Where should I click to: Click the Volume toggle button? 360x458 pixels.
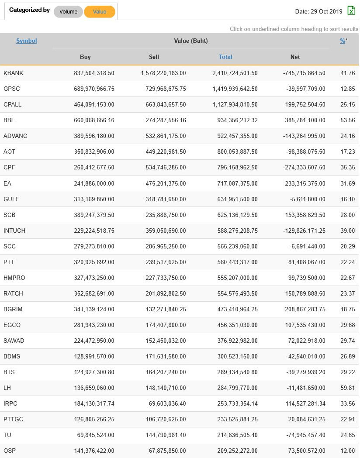pos(68,12)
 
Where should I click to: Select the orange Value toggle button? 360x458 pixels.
pos(100,12)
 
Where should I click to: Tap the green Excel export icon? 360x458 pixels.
pos(351,11)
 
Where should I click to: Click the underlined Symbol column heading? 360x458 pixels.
pos(26,41)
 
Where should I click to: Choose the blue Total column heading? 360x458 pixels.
pos(225,57)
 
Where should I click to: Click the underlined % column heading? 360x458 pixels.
pos(343,41)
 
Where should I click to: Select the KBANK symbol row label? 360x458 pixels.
pos(13,73)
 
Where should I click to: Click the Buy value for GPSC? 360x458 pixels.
pos(94,89)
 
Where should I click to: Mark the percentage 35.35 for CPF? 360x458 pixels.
pos(348,167)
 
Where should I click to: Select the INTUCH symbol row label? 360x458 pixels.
pos(14,231)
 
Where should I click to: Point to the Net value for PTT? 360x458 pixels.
pos(305,262)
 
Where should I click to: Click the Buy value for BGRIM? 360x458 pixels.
pos(94,309)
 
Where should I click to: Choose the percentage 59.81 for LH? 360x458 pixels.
pos(348,388)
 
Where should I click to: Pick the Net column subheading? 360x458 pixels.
pos(295,57)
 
